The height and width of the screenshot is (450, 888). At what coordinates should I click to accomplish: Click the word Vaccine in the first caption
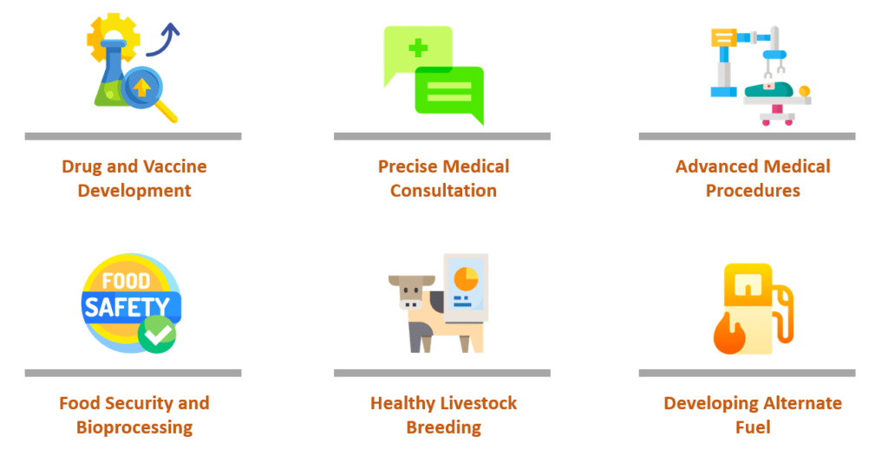[174, 166]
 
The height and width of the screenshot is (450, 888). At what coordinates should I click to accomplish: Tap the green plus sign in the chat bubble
[418, 49]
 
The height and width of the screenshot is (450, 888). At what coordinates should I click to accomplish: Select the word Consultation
[443, 191]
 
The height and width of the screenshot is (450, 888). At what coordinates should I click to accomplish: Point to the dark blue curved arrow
[164, 41]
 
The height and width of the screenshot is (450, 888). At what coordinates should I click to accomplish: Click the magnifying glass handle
[166, 111]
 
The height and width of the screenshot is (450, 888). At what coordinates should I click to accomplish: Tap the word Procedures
[753, 191]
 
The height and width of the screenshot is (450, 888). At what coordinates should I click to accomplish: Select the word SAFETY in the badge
[127, 308]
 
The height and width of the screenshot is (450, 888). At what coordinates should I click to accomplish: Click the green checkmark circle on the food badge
[157, 335]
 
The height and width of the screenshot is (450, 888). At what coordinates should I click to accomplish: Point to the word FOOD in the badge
[126, 281]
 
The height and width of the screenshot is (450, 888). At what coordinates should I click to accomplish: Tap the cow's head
[412, 292]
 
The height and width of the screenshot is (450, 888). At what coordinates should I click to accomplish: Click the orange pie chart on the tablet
[466, 279]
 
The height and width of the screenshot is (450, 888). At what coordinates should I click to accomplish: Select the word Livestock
[479, 403]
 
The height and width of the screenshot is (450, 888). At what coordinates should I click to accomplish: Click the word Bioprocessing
[134, 427]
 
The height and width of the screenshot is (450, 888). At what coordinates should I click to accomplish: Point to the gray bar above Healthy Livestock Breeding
[442, 373]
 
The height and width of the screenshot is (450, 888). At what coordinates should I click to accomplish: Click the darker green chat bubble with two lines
[450, 92]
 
